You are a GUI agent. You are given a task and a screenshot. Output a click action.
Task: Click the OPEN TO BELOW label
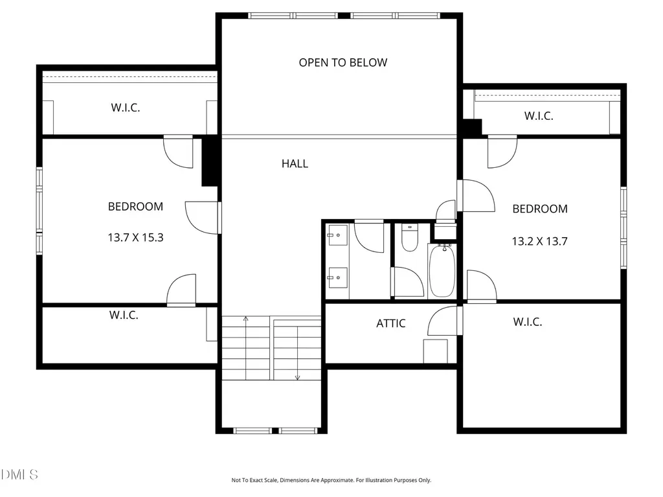343,63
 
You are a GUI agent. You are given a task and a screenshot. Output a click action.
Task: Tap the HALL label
295,164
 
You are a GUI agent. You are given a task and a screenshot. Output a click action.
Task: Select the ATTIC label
390,323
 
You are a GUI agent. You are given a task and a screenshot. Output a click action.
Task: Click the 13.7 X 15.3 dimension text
135,238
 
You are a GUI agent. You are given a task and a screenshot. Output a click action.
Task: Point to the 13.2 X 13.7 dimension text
539,241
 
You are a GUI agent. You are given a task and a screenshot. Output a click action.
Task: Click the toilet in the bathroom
409,238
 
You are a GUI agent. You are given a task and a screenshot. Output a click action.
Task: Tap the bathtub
442,271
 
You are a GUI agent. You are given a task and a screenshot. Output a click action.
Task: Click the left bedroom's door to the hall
202,218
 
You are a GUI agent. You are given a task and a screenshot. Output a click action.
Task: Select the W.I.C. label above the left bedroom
125,108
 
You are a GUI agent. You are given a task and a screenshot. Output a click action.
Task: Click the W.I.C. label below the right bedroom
527,322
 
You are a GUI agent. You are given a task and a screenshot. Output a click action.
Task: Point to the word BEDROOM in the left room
135,207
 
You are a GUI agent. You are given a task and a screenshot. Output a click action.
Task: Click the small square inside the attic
436,351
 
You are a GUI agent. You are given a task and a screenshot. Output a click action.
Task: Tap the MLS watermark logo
19,474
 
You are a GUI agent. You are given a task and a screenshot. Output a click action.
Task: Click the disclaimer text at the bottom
331,480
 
